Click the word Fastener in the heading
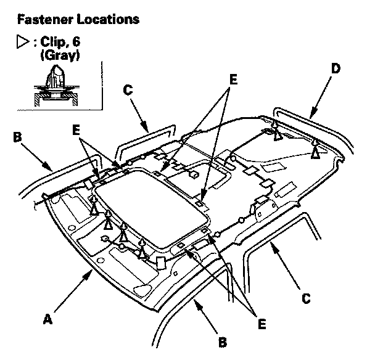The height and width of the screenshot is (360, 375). coord(46,19)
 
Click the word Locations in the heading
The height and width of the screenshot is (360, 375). coord(108,19)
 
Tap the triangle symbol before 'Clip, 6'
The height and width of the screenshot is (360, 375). coord(23,41)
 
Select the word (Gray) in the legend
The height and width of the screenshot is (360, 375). coord(60,55)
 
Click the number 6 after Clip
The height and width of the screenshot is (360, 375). coord(76,41)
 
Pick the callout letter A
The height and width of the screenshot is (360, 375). coord(47,319)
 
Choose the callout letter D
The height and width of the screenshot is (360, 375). coord(336,68)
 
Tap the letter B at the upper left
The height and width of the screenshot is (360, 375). coord(17,137)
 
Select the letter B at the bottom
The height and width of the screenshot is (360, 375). coord(223,342)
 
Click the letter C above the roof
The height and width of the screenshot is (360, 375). coord(128,90)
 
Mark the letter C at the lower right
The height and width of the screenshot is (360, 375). coord(306,298)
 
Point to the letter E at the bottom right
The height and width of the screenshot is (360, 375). coord(262,324)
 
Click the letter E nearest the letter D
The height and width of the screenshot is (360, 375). coord(233,80)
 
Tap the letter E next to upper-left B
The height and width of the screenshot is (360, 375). coord(76,130)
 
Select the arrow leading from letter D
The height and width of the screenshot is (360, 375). coord(321,97)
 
